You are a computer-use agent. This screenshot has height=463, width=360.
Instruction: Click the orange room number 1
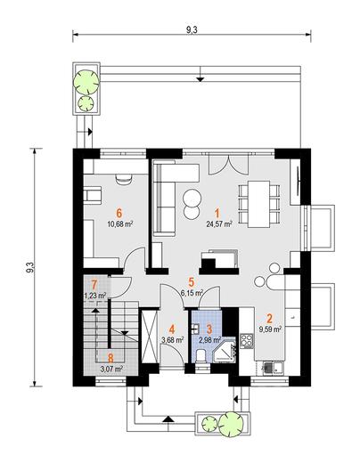pos(217,214)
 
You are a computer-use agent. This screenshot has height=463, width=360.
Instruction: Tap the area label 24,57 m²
pos(219,224)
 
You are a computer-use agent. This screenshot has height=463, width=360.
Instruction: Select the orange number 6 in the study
pos(119,213)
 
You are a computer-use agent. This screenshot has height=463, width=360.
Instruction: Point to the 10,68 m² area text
pos(119,223)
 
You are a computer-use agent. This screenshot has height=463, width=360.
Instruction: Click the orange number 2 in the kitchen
pos(269,319)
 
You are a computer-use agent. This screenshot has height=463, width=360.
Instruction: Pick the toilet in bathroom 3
pos(201,355)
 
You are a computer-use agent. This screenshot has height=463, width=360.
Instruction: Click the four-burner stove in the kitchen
pos(247,340)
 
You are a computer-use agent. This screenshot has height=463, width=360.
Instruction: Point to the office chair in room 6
pos(124,179)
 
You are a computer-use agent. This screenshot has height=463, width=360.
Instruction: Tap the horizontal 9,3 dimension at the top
pos(192,30)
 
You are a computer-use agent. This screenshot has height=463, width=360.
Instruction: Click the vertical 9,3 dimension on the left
pos(30,267)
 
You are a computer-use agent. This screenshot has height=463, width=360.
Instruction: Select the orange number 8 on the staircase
pos(110,359)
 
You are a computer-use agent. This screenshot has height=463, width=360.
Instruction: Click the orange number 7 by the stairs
pos(94,285)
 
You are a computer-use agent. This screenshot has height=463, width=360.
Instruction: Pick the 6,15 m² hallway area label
pos(192,293)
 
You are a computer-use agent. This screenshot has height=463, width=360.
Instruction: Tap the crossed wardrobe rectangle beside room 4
pos(149,336)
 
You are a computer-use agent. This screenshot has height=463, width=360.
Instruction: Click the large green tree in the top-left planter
pos(86,82)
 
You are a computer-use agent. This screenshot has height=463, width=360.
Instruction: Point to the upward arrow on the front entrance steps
pos(168,418)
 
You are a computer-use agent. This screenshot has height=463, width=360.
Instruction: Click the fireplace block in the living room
pos(219,261)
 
